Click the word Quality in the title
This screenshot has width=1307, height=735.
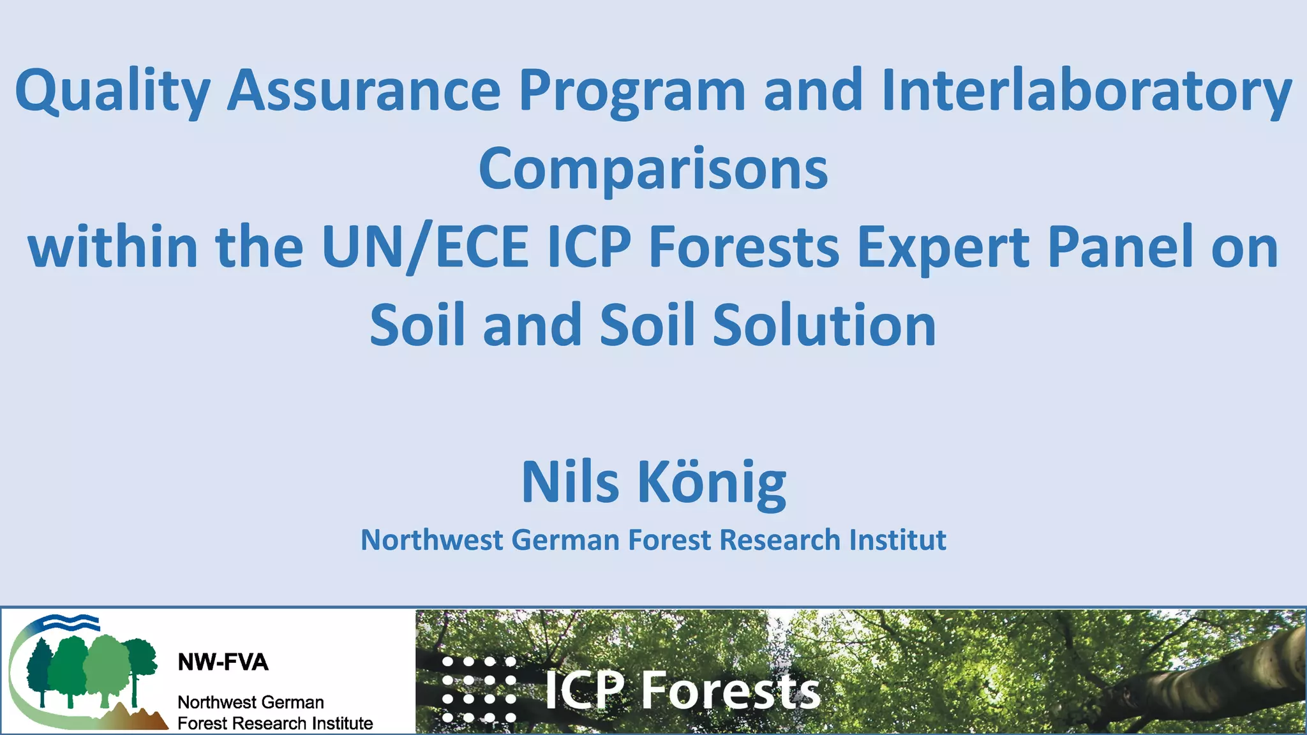click(x=112, y=91)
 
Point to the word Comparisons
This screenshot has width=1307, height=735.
click(x=653, y=169)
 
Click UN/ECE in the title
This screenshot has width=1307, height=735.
click(x=425, y=247)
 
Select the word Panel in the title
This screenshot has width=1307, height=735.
click(x=1121, y=247)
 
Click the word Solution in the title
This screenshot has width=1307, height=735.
click(x=824, y=325)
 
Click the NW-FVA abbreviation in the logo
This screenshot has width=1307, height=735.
click(x=223, y=662)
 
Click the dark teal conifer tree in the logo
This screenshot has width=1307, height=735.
click(x=40, y=670)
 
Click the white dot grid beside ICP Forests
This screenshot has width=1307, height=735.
click(x=479, y=690)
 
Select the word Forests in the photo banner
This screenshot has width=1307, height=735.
click(x=730, y=690)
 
